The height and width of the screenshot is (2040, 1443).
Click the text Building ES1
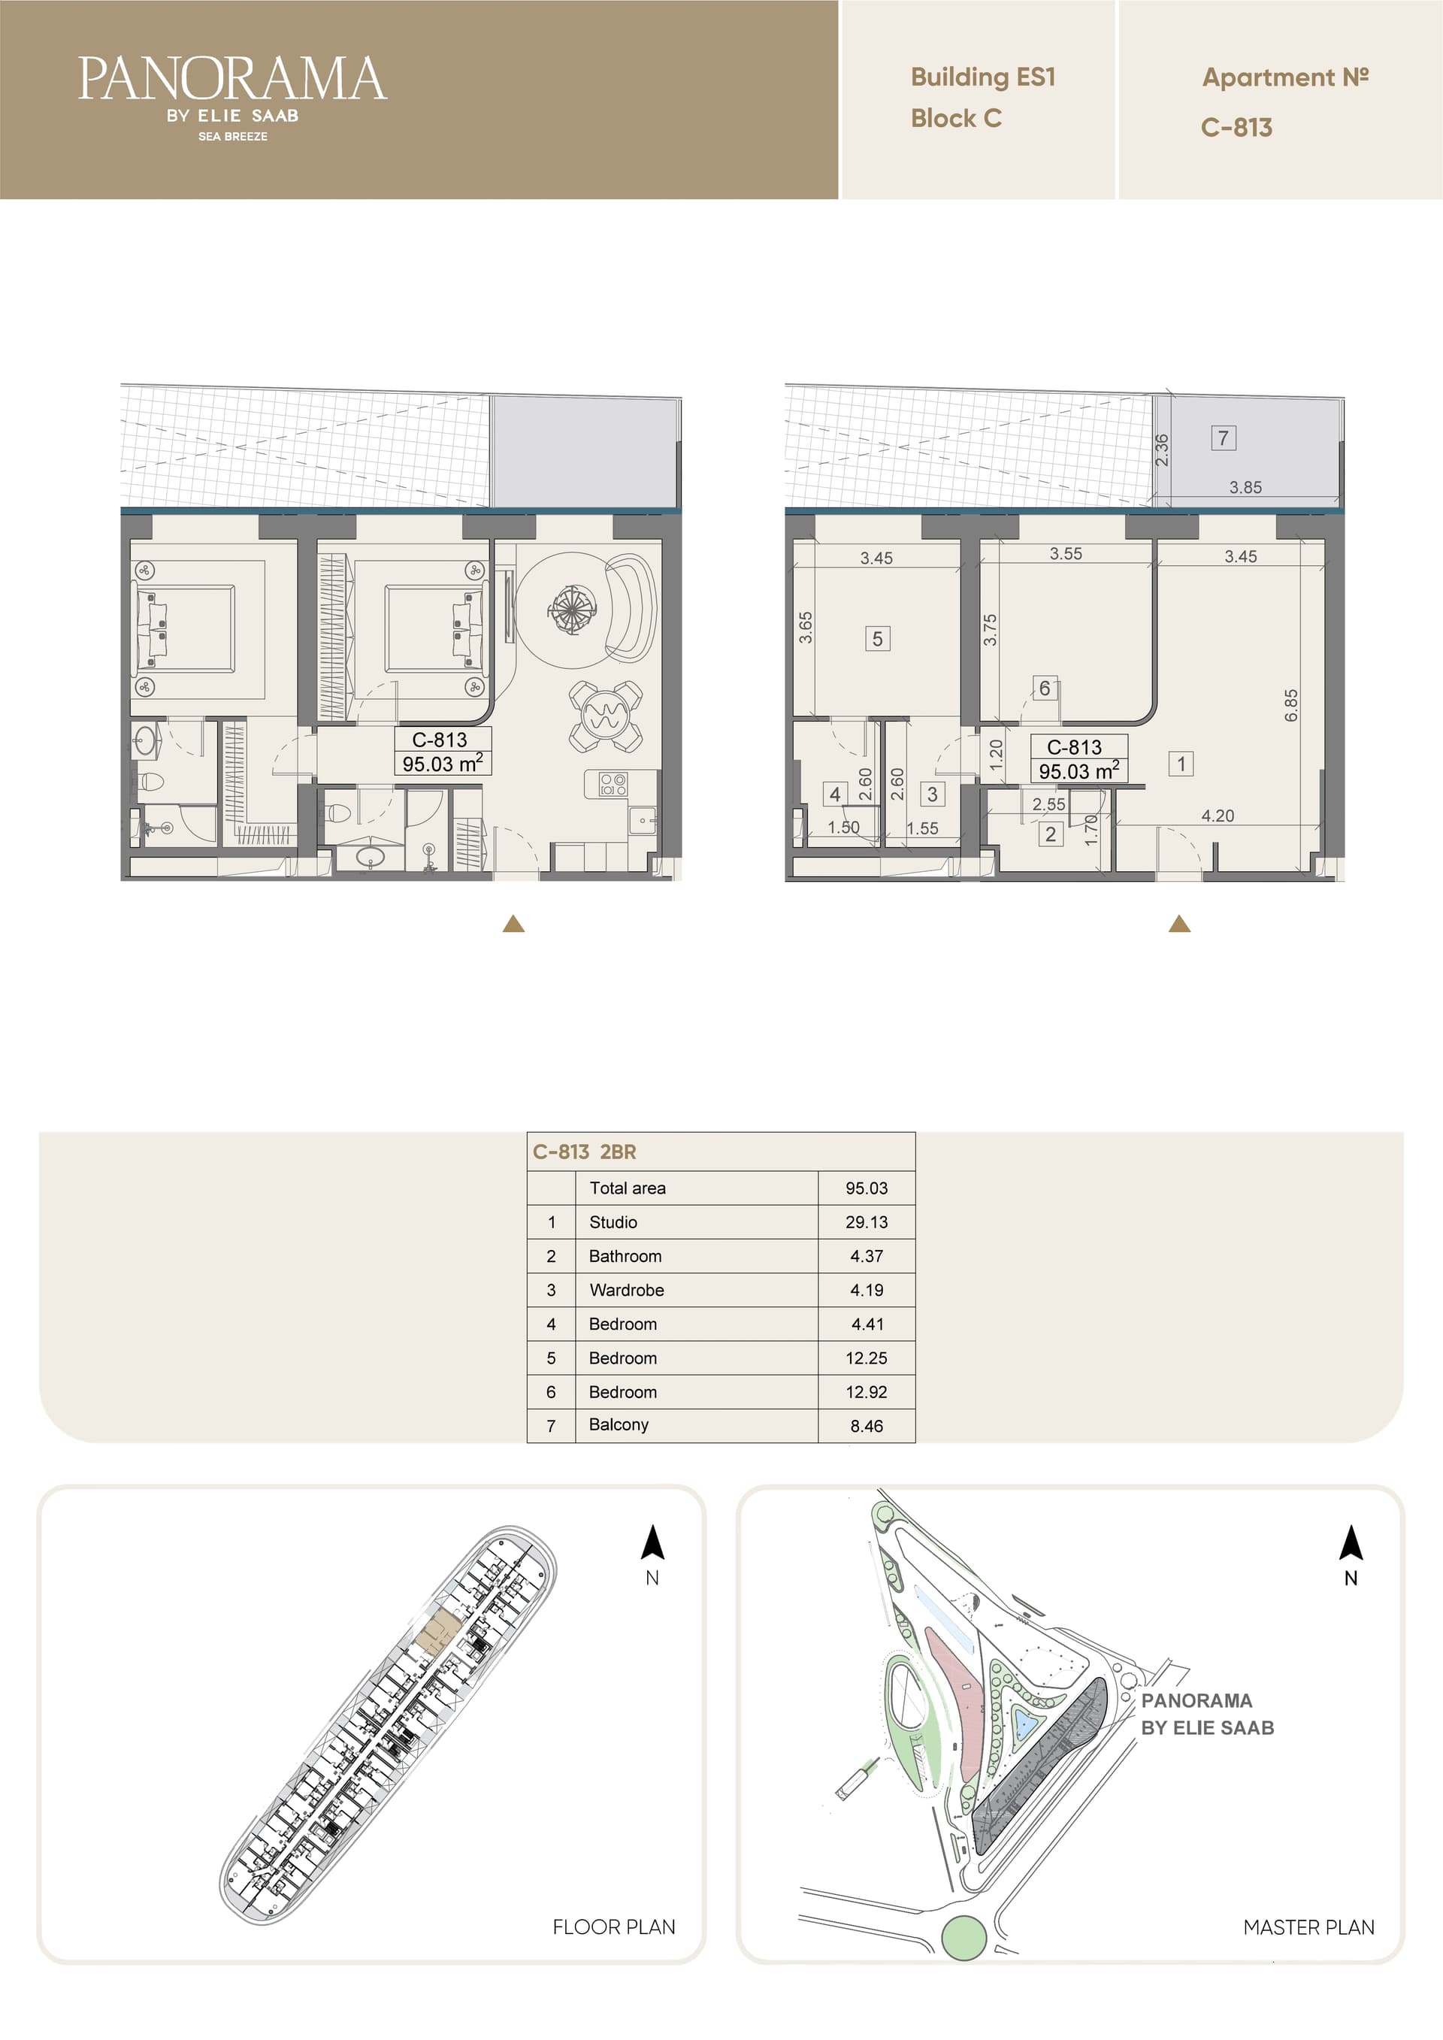[983, 77]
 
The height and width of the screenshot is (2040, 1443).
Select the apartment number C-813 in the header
[1236, 128]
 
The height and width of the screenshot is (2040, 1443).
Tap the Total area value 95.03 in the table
[867, 1188]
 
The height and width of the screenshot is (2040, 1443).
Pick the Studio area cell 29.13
[867, 1221]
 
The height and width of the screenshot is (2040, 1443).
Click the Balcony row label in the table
[619, 1424]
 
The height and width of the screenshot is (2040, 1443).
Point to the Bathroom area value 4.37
[867, 1256]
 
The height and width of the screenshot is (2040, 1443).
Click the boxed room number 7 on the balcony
[1224, 438]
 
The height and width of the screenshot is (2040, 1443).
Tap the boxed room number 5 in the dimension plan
[877, 639]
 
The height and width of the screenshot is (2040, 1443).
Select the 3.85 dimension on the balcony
[1245, 487]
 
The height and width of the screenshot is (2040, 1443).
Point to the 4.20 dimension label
[1218, 816]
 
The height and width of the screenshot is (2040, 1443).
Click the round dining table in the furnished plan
[605, 716]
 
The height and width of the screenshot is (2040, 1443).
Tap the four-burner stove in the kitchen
[613, 784]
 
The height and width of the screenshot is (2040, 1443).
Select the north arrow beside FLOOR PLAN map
[653, 1542]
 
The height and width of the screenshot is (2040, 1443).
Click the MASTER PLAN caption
[1308, 1927]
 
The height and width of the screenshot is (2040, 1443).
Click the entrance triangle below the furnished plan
[513, 924]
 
